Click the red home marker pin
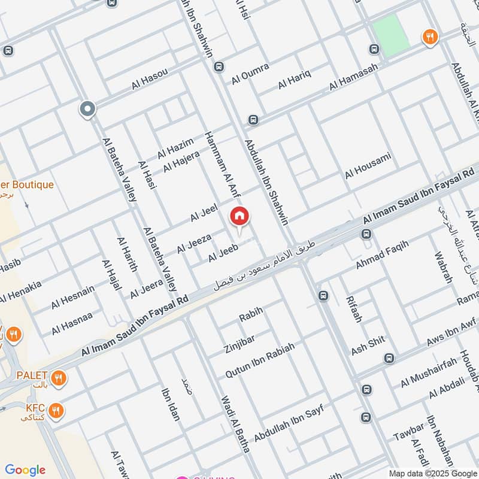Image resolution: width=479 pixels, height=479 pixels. [239, 217]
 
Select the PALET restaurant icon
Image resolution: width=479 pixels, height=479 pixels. [58, 378]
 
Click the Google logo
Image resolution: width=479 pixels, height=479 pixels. [25, 470]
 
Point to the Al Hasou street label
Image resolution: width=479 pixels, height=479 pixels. [150, 80]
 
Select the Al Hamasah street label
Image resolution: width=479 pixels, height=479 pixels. [353, 80]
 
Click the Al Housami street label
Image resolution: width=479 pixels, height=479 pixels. [368, 165]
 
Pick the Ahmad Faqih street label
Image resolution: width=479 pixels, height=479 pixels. [382, 255]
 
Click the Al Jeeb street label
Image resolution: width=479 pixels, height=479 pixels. [223, 253]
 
